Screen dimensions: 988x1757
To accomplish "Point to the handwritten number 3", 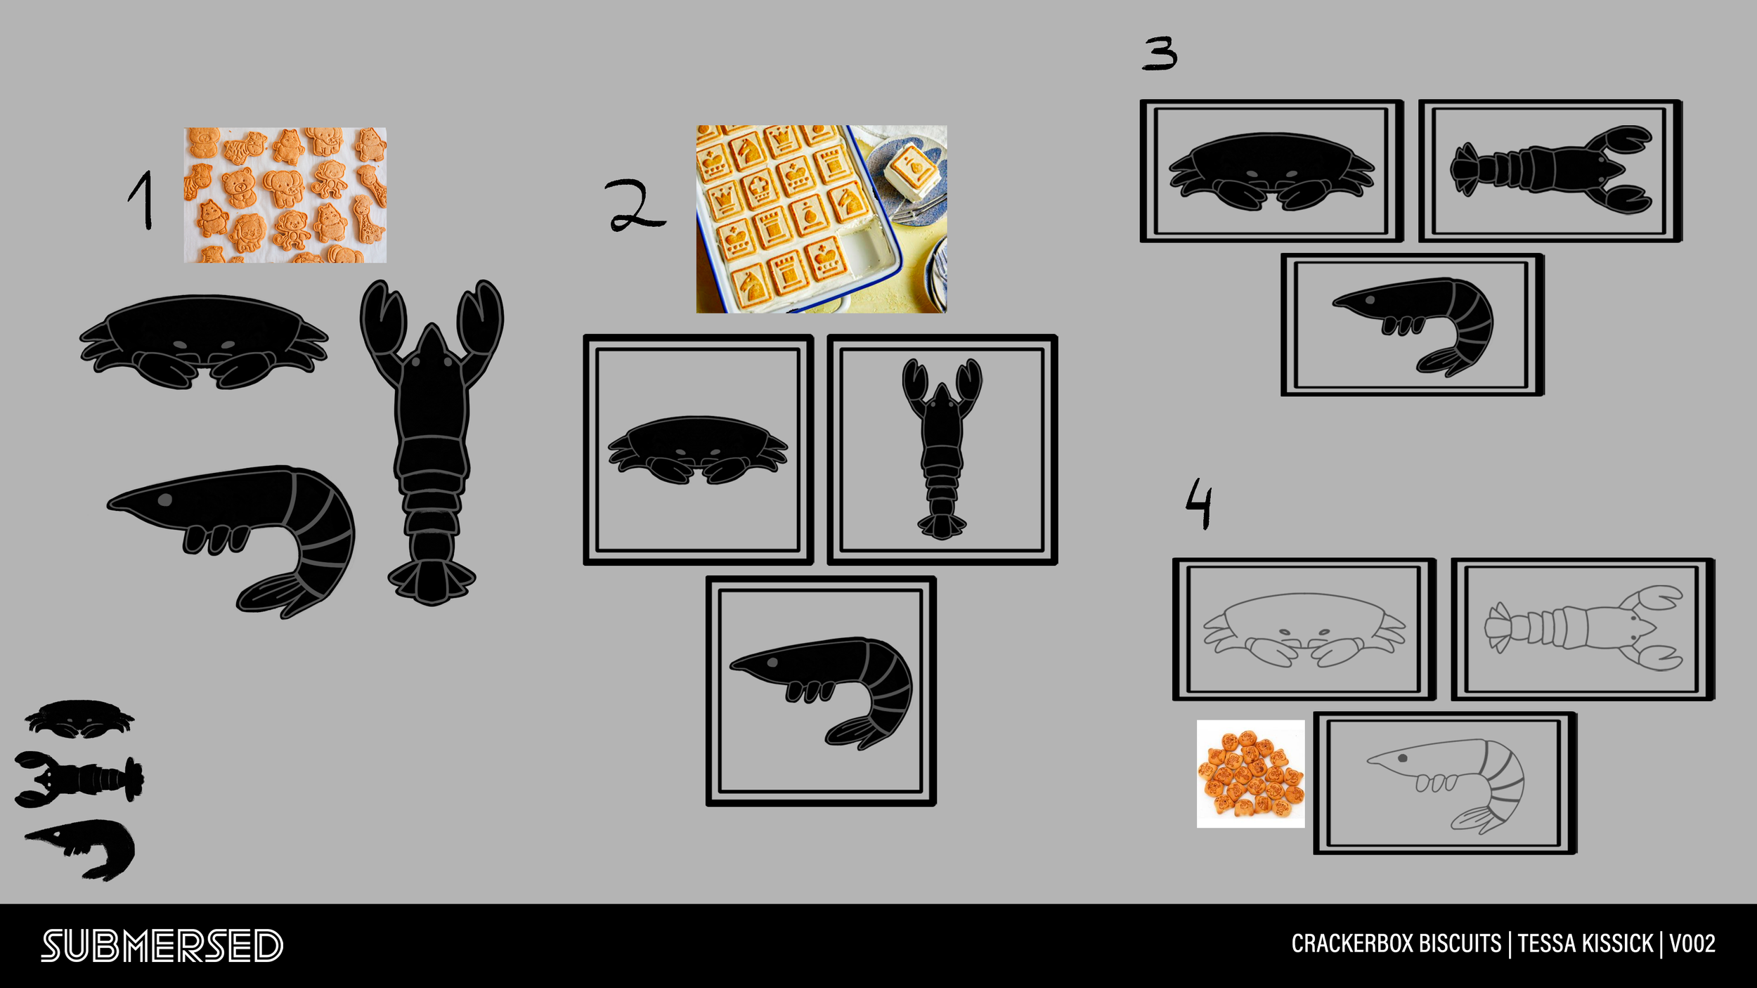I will point(1160,53).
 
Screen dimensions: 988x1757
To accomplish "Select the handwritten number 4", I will point(1199,503).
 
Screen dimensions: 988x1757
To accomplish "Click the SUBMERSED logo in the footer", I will point(162,945).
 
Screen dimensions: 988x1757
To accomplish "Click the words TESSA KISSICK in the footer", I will point(1585,944).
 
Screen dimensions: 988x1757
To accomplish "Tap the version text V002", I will point(1692,944).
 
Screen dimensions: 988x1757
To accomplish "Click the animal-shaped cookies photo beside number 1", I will point(285,195).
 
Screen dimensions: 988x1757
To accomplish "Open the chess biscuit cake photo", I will point(821,219).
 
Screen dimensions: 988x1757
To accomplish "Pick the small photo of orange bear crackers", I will point(1250,774).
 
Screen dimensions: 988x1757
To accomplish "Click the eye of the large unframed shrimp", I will point(165,500).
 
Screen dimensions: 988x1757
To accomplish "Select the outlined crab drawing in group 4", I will point(1304,629).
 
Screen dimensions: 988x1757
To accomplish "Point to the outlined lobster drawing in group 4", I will point(1583,628).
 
